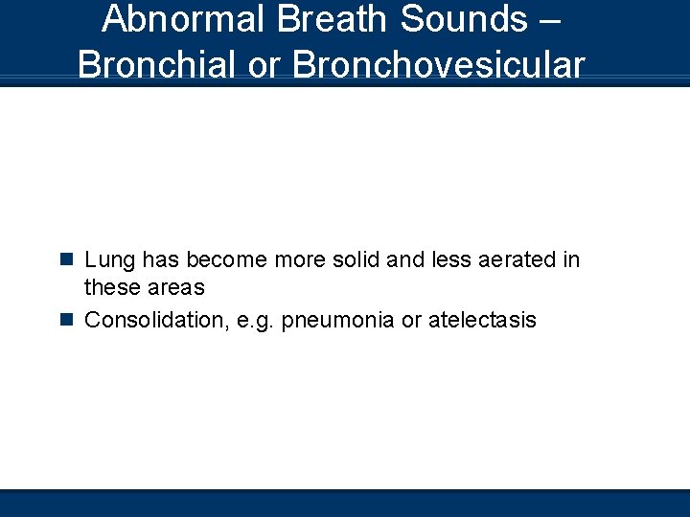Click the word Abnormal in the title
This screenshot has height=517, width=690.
click(x=177, y=18)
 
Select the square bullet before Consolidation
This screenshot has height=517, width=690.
click(x=66, y=320)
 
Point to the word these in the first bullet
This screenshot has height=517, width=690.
click(x=110, y=287)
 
